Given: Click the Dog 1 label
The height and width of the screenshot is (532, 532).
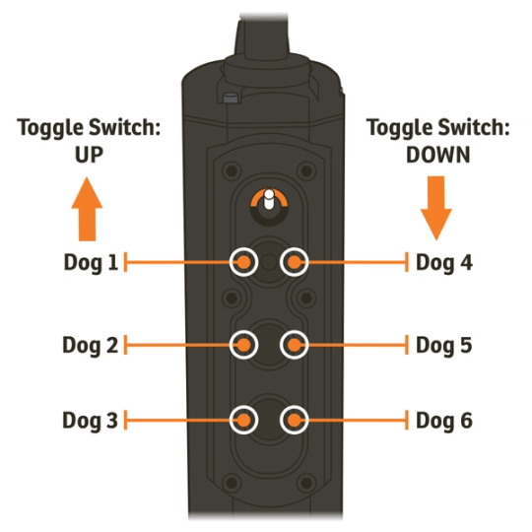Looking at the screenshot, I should [90, 263].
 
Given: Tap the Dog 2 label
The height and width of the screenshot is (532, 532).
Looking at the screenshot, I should [90, 346].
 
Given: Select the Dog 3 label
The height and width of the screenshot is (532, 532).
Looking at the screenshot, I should [90, 421].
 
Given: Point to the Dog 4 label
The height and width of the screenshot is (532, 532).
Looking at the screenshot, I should [444, 263].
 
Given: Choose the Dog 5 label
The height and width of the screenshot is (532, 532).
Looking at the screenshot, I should [444, 346].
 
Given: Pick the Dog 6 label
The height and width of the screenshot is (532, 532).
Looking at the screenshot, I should [444, 421].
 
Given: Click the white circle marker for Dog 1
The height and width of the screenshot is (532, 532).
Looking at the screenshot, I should [243, 262].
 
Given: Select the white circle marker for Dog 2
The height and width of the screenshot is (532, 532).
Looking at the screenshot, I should [243, 345].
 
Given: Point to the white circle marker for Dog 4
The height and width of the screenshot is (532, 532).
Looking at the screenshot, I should [294, 262].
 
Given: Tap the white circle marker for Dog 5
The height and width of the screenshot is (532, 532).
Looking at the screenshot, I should [294, 345].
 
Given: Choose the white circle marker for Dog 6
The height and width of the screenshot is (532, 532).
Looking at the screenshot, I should [293, 420].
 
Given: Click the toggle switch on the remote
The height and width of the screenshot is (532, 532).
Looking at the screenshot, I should [267, 202].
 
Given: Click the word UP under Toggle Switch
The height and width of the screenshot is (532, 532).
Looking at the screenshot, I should [88, 155].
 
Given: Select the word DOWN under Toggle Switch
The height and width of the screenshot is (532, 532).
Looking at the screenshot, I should [436, 155].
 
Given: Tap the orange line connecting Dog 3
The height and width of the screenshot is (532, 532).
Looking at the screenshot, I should [177, 421].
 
